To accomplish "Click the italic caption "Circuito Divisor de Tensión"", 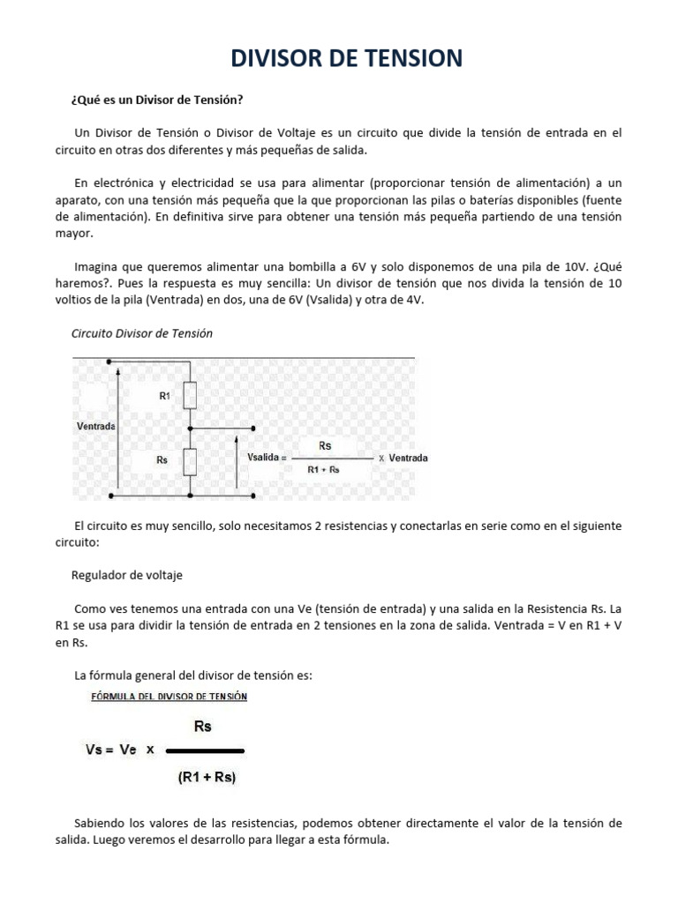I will click(x=141, y=333).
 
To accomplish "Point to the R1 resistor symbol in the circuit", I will click(x=190, y=396).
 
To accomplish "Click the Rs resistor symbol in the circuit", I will click(x=190, y=460).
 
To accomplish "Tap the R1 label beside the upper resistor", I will click(x=164, y=397).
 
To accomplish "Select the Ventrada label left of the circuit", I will click(x=96, y=426).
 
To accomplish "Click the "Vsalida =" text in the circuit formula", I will click(x=265, y=459).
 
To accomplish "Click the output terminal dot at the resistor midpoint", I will click(x=254, y=428).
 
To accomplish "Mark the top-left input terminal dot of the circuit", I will click(x=109, y=360).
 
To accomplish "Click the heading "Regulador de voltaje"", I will click(x=127, y=575).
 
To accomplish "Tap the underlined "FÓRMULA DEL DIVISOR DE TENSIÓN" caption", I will click(x=169, y=696).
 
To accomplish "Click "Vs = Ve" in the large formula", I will click(x=110, y=750).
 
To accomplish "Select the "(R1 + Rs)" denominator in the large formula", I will click(x=207, y=778).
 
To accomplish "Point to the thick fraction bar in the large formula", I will click(x=205, y=750).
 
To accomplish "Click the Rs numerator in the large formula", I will click(x=202, y=727).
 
